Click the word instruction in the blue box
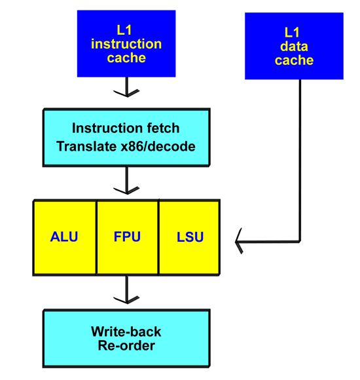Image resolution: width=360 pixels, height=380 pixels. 126,44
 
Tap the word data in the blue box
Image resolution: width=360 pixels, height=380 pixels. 294,47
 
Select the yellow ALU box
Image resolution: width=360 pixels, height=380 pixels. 65,237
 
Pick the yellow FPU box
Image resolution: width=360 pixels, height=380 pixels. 128,237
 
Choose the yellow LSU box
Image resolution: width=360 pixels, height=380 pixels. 189,237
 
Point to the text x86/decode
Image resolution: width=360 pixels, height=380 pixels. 158,147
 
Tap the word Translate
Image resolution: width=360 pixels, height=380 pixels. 86,146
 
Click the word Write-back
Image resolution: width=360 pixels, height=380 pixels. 126,332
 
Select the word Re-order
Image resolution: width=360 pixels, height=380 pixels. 126,345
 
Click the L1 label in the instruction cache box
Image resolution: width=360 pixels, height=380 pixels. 124,30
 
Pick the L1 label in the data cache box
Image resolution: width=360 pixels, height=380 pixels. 292,33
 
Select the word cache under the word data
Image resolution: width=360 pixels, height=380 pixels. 294,60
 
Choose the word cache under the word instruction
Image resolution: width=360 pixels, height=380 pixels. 126,58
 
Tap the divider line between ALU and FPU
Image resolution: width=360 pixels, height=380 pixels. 97,238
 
